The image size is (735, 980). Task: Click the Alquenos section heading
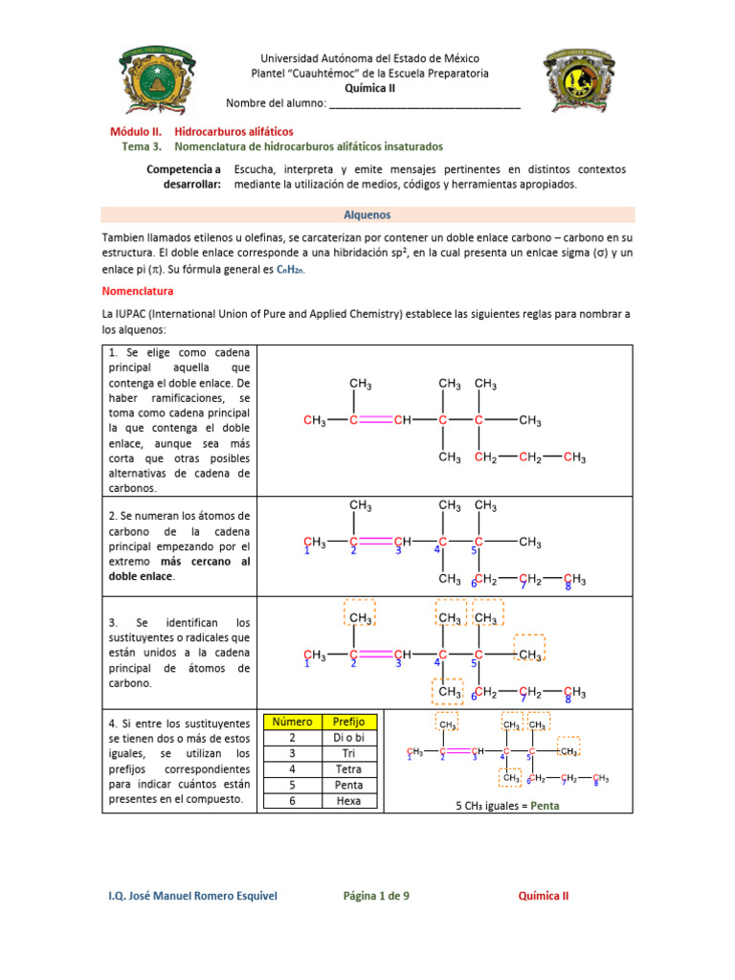367,215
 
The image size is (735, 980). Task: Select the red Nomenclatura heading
138,290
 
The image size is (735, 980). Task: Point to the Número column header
292,722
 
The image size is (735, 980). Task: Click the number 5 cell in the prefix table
292,785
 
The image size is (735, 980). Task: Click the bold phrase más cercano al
205,562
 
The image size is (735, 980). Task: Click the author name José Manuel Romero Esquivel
193,896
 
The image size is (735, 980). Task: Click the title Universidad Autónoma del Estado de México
369,58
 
